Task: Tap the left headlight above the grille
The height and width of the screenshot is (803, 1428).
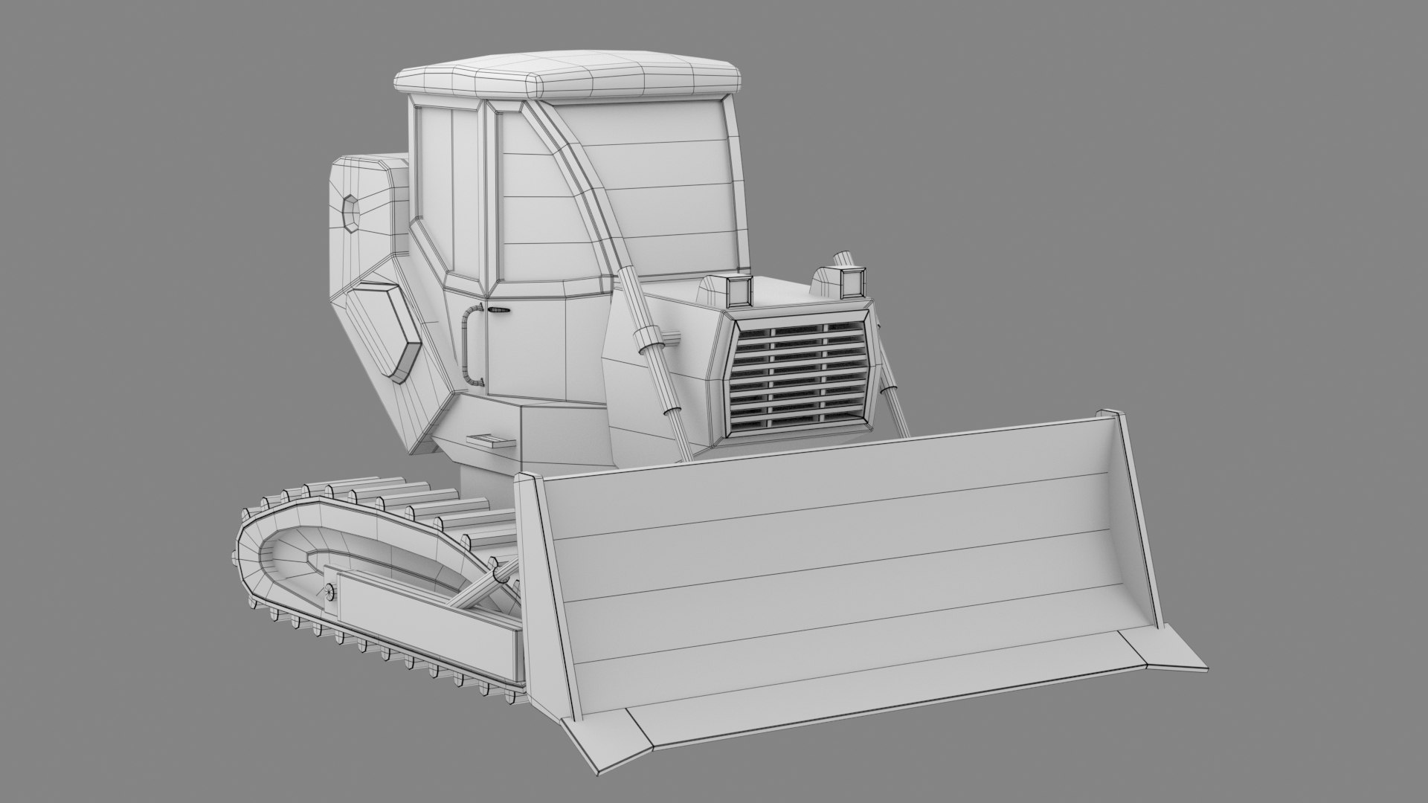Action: [739, 291]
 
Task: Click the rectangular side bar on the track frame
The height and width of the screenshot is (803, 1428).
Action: [424, 617]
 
